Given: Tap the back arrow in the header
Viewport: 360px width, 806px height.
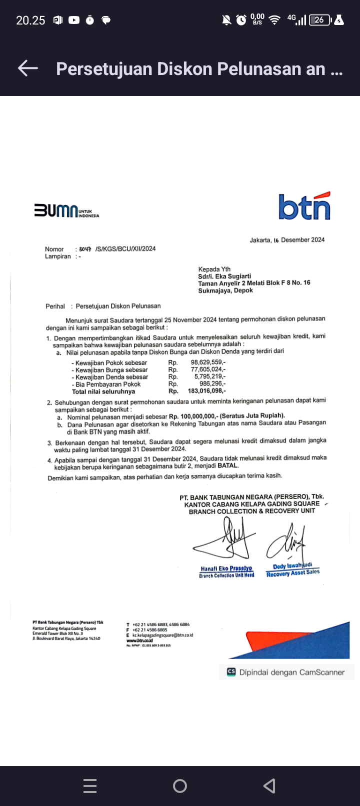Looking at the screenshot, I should (x=28, y=68).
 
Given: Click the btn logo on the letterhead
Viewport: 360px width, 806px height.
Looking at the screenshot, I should (x=304, y=206).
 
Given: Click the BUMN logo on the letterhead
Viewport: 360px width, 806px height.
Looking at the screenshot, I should (x=66, y=210).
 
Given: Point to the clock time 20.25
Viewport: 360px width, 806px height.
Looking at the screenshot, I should (x=30, y=20).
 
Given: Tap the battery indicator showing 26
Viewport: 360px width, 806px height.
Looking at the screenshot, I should (x=320, y=20).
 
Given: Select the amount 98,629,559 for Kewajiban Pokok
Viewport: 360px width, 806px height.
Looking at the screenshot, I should (x=208, y=362).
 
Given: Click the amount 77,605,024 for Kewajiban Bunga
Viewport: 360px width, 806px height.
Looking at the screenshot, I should (x=208, y=369).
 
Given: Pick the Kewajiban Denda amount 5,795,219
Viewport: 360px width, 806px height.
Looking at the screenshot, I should (x=210, y=376).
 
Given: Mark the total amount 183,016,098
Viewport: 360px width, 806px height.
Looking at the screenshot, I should (x=206, y=391).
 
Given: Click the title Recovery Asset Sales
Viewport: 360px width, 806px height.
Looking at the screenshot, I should (x=293, y=573).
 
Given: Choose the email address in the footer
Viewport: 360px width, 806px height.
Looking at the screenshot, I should (x=162, y=635).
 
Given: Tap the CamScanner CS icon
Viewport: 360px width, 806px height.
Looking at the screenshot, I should (x=231, y=672).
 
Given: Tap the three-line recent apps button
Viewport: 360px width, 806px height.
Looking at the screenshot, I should (x=90, y=786).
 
